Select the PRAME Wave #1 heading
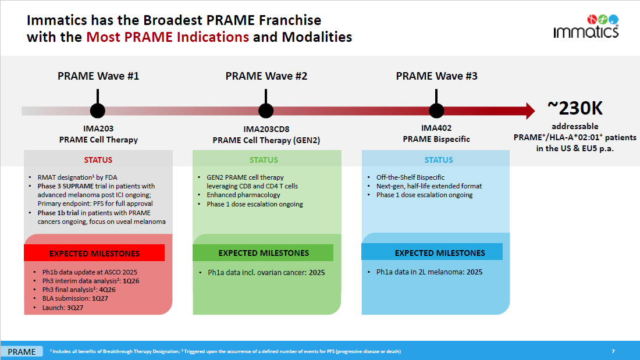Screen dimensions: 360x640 click(x=98, y=76)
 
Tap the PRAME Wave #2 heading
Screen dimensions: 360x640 click(x=266, y=76)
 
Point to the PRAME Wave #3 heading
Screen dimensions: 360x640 click(x=436, y=76)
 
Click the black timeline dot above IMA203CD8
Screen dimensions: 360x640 click(x=266, y=111)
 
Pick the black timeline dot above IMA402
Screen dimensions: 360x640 click(x=436, y=111)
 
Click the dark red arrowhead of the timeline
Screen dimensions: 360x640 click(x=529, y=111)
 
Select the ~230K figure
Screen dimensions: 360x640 click(x=575, y=108)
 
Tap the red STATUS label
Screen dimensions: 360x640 click(x=98, y=160)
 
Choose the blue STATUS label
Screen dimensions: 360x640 click(x=438, y=160)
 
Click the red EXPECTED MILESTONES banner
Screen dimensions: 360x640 click(x=94, y=254)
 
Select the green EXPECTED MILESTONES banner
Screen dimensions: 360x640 click(x=264, y=253)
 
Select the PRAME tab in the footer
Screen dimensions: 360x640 click(x=22, y=351)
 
